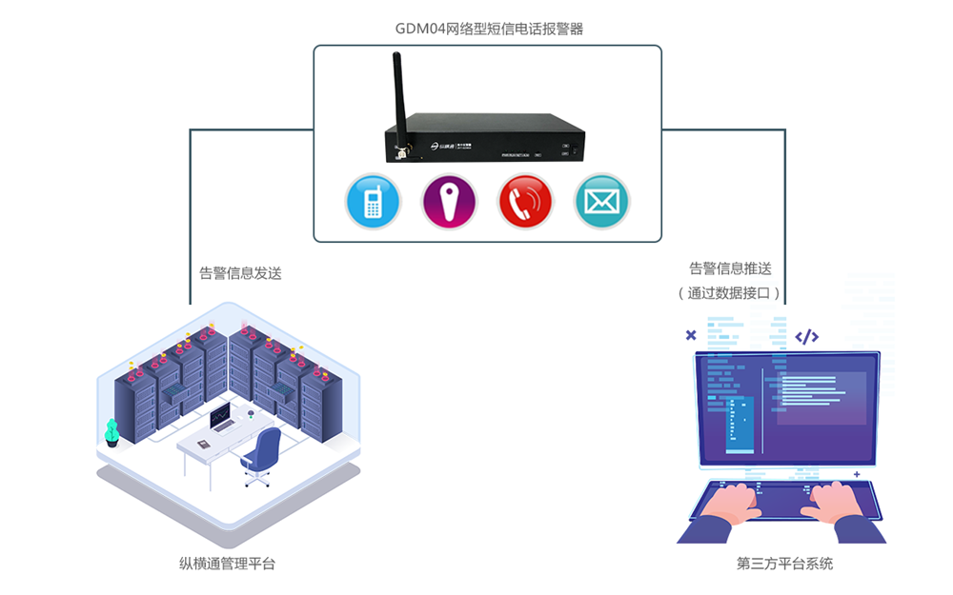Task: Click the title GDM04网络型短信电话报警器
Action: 489,29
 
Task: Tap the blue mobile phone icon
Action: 373,202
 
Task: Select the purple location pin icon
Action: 449,202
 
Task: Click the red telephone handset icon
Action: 526,202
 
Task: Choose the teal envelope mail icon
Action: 602,202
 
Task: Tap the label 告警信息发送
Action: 240,273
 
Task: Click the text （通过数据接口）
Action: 729,293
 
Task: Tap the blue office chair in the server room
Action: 262,454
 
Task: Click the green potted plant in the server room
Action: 112,432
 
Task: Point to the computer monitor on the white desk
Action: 221,415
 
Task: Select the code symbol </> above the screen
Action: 806,336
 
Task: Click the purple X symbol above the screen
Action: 691,335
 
